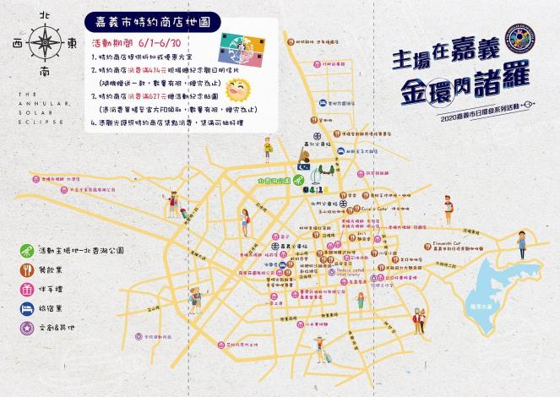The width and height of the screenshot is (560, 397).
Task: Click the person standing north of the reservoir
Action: point(523,245)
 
